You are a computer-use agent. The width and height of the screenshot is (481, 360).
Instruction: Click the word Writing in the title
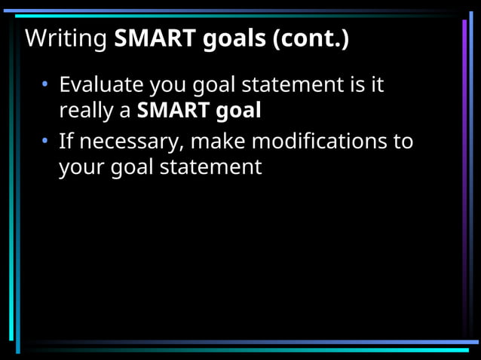66,38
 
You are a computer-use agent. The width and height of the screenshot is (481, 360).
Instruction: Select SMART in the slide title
155,38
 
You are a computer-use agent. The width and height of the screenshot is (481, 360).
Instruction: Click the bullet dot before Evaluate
46,84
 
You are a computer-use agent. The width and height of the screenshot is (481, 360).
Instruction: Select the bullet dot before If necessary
46,140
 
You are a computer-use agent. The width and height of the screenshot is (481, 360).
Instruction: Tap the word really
86,111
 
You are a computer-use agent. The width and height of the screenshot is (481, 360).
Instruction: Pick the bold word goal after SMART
238,111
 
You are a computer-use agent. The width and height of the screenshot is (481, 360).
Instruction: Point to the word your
82,167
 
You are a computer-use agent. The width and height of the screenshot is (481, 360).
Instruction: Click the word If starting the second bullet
66,140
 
